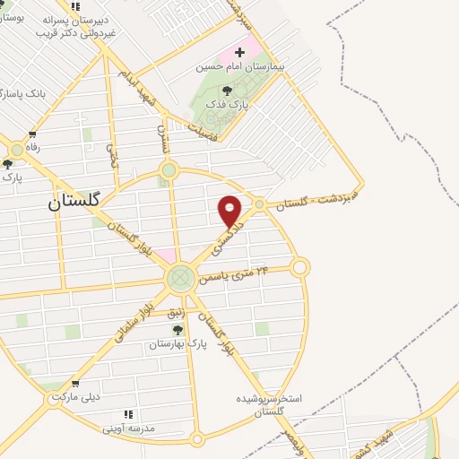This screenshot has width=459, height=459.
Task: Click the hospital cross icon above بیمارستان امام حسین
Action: pyautogui.click(x=239, y=53)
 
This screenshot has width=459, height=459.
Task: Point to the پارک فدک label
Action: pyautogui.click(x=226, y=104)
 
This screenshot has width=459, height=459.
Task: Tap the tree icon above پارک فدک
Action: pyautogui.click(x=227, y=90)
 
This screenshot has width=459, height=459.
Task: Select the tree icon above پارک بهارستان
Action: pyautogui.click(x=178, y=330)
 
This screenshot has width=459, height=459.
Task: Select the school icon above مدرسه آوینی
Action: pyautogui.click(x=128, y=414)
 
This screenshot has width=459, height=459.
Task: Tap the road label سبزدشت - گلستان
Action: pyautogui.click(x=316, y=199)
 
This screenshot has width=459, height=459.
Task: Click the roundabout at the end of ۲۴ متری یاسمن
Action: pyautogui.click(x=299, y=266)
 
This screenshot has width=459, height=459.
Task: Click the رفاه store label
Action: pyautogui.click(x=33, y=147)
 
